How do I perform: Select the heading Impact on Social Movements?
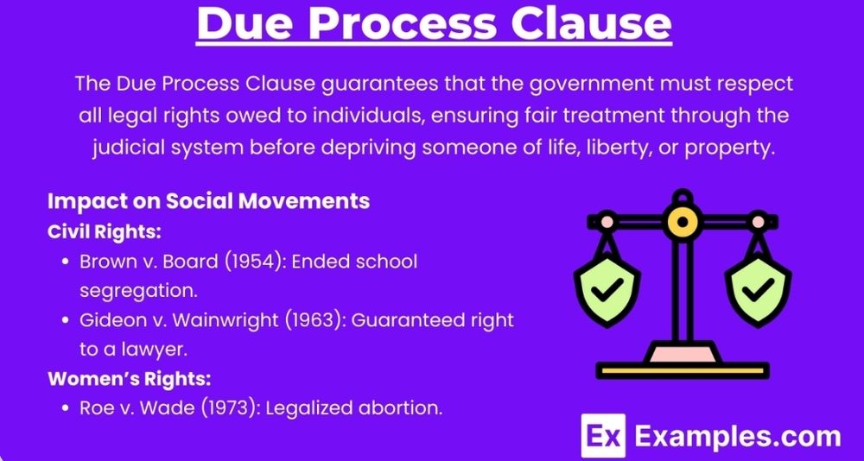coord(208,201)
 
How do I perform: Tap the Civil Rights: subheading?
coord(105,232)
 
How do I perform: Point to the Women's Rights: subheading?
coord(130,379)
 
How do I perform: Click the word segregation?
coord(138,291)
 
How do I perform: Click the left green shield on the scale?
coord(607,289)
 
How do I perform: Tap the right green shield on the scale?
coord(758,289)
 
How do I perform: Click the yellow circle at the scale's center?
coord(683,221)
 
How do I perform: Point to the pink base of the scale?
coord(683,352)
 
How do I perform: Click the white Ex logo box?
coord(604,436)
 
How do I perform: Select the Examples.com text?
coord(738,436)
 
